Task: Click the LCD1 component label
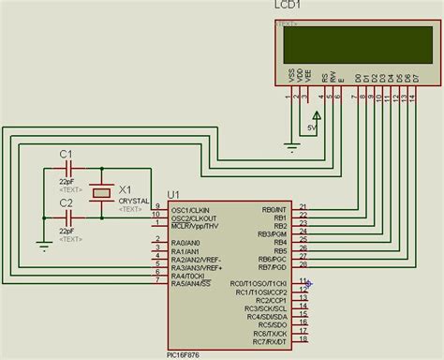tap(288, 7)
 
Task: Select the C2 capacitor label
tap(67, 202)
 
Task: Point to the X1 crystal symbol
tap(100, 191)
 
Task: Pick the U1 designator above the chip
tap(174, 195)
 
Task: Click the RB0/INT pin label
tap(274, 209)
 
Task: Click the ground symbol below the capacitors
tap(43, 246)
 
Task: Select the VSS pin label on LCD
tap(291, 79)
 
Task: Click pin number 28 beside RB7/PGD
tap(302, 266)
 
